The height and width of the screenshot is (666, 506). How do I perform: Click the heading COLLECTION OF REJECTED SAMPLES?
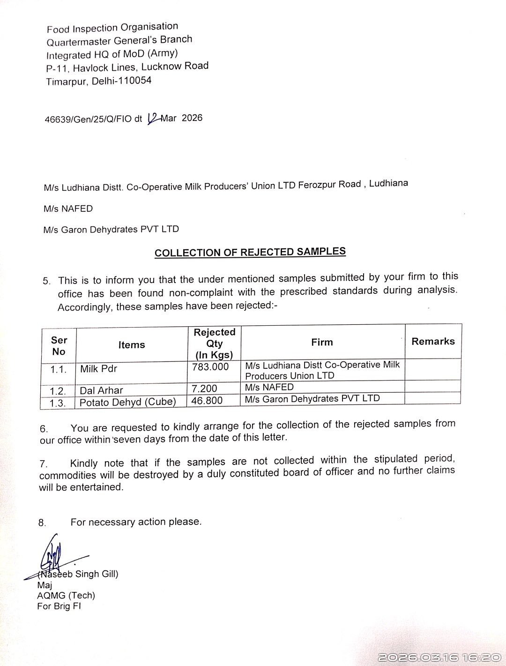point(250,252)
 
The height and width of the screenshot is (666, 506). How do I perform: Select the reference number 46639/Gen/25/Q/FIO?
point(89,119)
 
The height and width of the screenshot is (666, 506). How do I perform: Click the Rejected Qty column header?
point(214,343)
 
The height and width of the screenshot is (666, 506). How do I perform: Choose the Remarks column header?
point(433,341)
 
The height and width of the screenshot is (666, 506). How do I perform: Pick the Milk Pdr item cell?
point(98,369)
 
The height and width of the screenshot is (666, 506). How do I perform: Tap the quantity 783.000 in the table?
point(210,367)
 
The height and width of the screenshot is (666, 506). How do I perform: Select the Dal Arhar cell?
point(101,390)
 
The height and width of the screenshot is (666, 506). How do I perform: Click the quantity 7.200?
point(205,389)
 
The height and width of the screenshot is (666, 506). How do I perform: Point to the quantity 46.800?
point(207,401)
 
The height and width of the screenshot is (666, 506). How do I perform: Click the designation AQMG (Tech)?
point(66,595)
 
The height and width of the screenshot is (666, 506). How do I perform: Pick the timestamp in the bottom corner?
point(439,657)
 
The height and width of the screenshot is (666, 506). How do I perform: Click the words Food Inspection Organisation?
point(112,28)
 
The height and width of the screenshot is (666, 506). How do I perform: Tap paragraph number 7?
point(43,464)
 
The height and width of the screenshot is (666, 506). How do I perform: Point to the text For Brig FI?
point(59,606)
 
